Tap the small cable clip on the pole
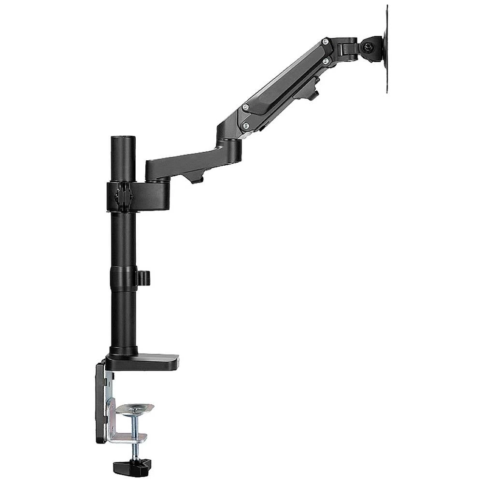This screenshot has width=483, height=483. (x=143, y=278)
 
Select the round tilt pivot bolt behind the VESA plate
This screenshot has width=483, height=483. (x=369, y=48)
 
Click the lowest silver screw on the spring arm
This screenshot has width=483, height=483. (x=246, y=125)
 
